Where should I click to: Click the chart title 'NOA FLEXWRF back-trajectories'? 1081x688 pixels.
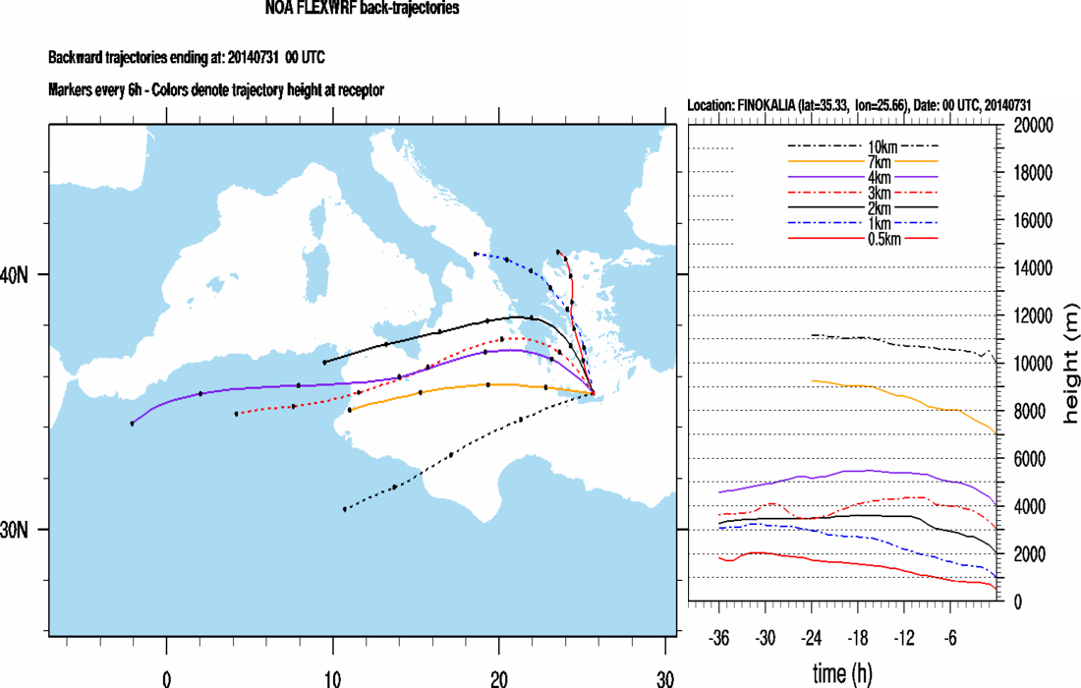click(x=362, y=9)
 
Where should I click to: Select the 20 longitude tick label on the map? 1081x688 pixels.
click(x=498, y=678)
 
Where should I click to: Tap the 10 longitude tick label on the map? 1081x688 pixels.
click(x=332, y=678)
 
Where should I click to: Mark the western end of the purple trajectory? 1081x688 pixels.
click(x=132, y=424)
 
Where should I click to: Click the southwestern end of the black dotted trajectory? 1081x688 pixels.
click(x=344, y=509)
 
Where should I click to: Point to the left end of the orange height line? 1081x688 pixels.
click(x=811, y=380)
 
